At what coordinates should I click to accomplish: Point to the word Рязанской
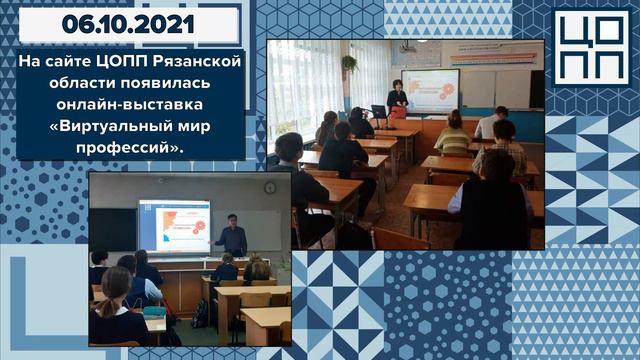[200, 62]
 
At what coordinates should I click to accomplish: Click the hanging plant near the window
[350, 63]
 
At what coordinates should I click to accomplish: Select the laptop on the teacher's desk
[378, 111]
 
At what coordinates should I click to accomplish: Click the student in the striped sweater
[501, 146]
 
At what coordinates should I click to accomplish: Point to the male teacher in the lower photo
[233, 235]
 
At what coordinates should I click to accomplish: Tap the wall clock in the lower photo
[270, 187]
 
